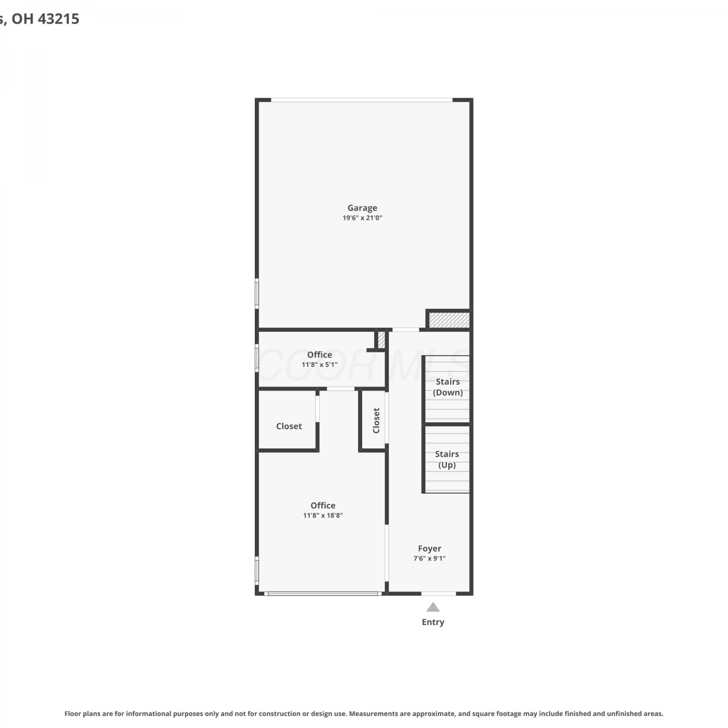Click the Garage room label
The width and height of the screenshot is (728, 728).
pos(362,208)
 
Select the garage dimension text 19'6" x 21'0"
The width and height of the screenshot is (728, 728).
pos(362,218)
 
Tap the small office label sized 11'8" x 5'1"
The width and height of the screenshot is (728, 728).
pos(319,355)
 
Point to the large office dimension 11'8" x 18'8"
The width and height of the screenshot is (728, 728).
pos(323,515)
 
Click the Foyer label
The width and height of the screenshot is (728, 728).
pos(430,549)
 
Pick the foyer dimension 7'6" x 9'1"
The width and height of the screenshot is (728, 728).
pos(430,559)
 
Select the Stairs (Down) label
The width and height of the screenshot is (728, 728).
pos(447,387)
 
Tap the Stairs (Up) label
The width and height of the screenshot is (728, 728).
pos(447,460)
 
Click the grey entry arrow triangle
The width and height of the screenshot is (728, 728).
pos(433,608)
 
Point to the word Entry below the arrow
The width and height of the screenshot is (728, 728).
pos(433,622)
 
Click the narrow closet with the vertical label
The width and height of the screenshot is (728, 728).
pos(374,420)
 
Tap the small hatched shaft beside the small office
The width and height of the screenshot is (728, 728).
pos(381,340)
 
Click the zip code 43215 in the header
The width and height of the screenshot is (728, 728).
pos(58,19)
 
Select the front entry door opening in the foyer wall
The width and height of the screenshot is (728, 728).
pos(438,594)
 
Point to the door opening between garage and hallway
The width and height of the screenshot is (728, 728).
pos(406,330)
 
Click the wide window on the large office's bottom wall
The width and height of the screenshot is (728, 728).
pos(323,594)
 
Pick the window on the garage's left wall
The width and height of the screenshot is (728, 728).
pos(257,293)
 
